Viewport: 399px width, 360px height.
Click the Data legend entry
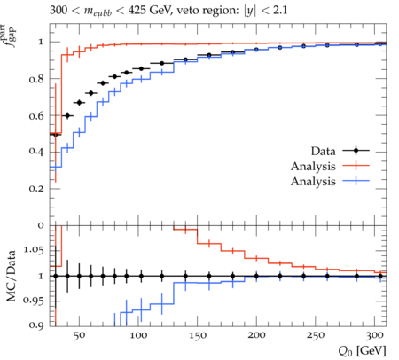tap(340, 151)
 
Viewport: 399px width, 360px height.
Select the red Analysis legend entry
tap(330, 166)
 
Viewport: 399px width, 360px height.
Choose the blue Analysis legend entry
tap(330, 181)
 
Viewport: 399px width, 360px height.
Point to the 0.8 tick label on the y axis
tap(36, 79)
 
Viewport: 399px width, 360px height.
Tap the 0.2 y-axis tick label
tap(36, 189)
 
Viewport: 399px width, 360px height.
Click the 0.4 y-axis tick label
tap(36, 152)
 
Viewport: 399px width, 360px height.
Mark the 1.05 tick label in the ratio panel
tap(34, 250)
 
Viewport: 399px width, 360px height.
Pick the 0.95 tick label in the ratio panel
tap(34, 301)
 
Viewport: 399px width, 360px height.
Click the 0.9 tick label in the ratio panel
tap(36, 325)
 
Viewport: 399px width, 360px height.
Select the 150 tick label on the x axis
tap(198, 335)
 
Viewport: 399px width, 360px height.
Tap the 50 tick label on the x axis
tap(79, 335)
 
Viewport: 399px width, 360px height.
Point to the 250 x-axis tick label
tap(316, 335)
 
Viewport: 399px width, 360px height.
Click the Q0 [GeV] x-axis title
tap(362, 351)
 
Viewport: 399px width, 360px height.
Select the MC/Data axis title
tap(11, 276)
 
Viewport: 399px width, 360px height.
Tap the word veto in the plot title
tap(189, 11)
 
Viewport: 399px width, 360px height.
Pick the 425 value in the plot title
tap(137, 10)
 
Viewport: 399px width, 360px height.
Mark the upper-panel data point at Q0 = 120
tap(161, 63)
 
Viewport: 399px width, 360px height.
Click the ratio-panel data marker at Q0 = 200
tap(256, 276)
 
